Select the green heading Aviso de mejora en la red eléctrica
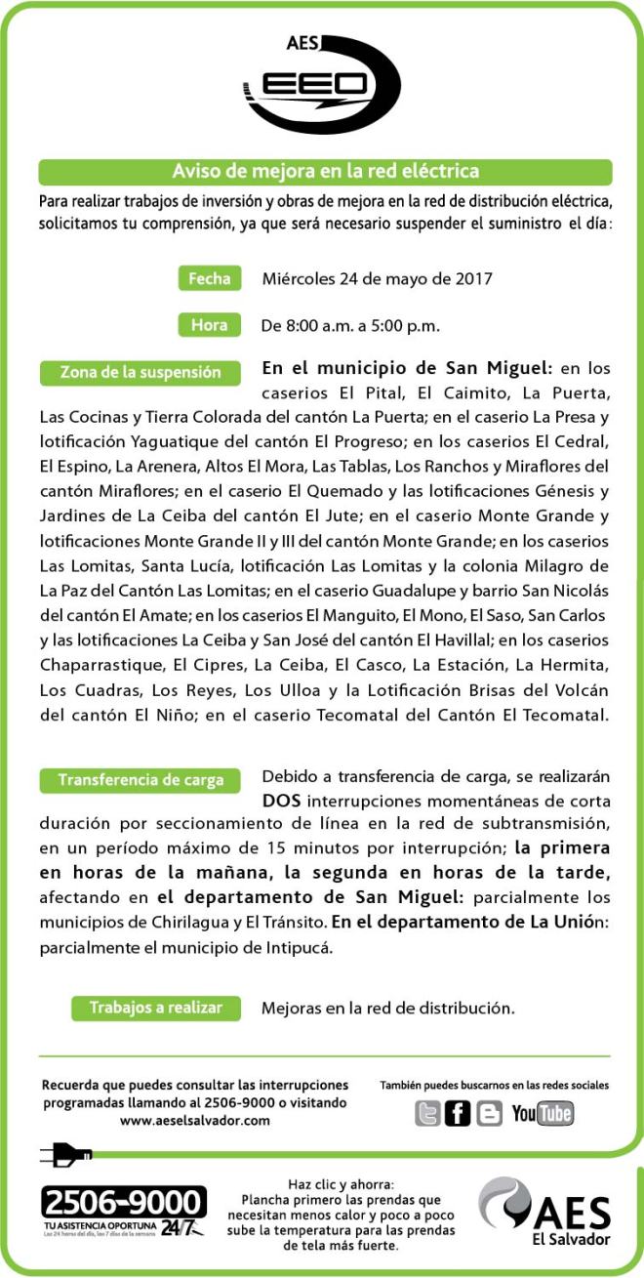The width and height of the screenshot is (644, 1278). [x=325, y=172]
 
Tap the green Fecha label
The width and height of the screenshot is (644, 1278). [x=209, y=278]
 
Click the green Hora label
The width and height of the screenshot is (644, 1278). [x=209, y=325]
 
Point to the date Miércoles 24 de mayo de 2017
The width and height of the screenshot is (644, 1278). [x=377, y=278]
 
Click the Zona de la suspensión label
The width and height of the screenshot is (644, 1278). [x=141, y=373]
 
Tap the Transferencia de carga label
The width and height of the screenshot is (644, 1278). [x=141, y=780]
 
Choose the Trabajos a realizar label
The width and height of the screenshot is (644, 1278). [x=156, y=1008]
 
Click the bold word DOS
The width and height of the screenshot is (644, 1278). [x=281, y=801]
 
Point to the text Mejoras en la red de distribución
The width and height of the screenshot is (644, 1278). [x=387, y=1008]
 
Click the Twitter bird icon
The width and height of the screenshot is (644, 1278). [x=427, y=1113]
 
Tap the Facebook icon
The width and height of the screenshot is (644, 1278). [x=458, y=1113]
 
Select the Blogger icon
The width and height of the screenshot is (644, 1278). [x=489, y=1113]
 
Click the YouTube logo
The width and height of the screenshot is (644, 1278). [x=543, y=1113]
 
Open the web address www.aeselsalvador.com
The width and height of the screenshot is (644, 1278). [x=194, y=1121]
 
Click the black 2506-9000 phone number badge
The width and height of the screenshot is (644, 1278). [x=124, y=1202]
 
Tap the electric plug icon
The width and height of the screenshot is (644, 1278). [x=66, y=1157]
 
